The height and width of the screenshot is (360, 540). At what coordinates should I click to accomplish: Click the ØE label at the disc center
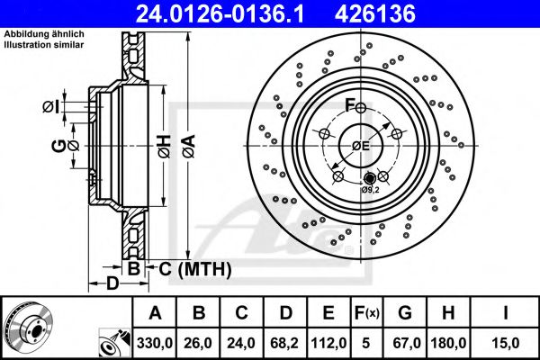[x=361, y=147]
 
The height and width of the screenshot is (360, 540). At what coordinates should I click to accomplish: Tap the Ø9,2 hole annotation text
[x=372, y=190]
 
